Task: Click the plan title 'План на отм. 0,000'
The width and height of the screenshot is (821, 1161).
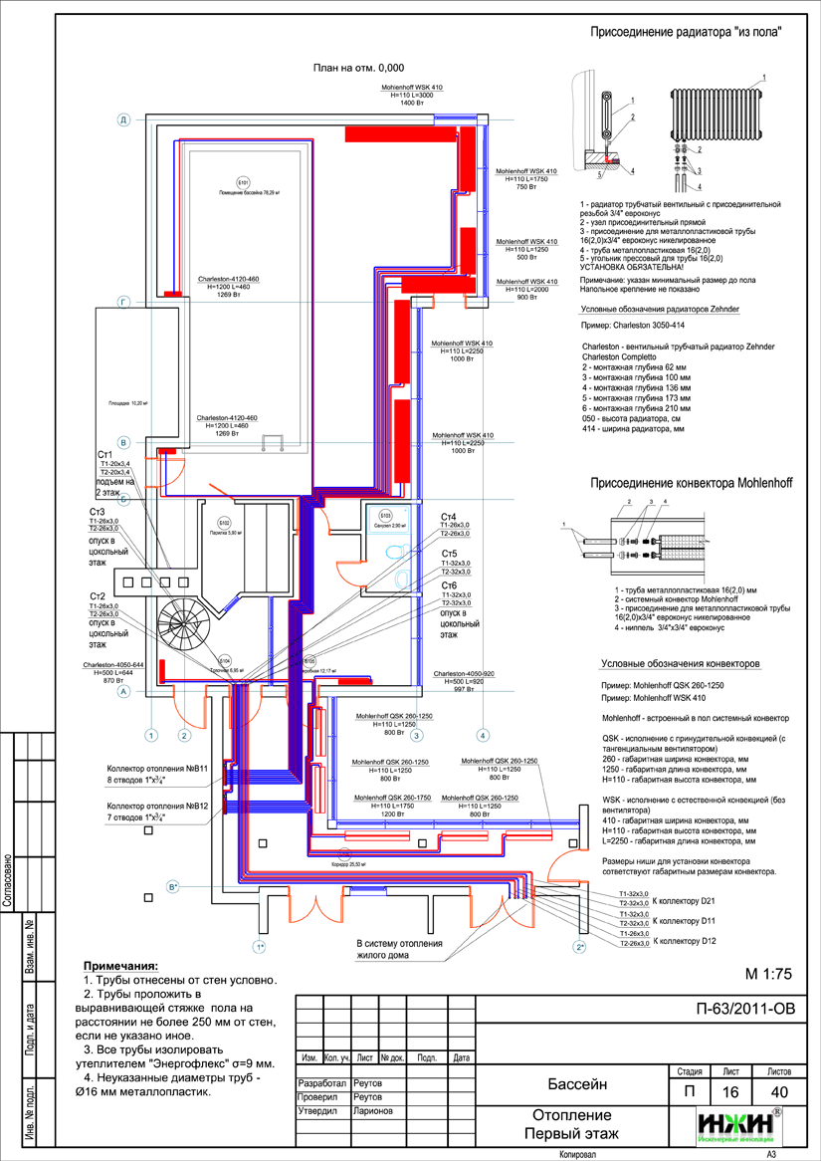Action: click(x=358, y=69)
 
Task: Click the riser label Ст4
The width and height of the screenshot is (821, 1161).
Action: click(x=449, y=518)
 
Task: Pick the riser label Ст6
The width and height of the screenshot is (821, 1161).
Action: click(x=449, y=585)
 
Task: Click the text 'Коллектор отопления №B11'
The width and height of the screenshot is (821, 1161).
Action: click(x=157, y=769)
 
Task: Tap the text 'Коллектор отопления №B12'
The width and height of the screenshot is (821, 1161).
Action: click(x=157, y=808)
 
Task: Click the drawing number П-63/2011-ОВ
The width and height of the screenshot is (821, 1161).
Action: click(x=746, y=1009)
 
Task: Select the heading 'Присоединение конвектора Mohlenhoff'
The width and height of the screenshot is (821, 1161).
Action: click(x=692, y=483)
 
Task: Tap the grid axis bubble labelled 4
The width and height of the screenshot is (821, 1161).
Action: click(x=483, y=736)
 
